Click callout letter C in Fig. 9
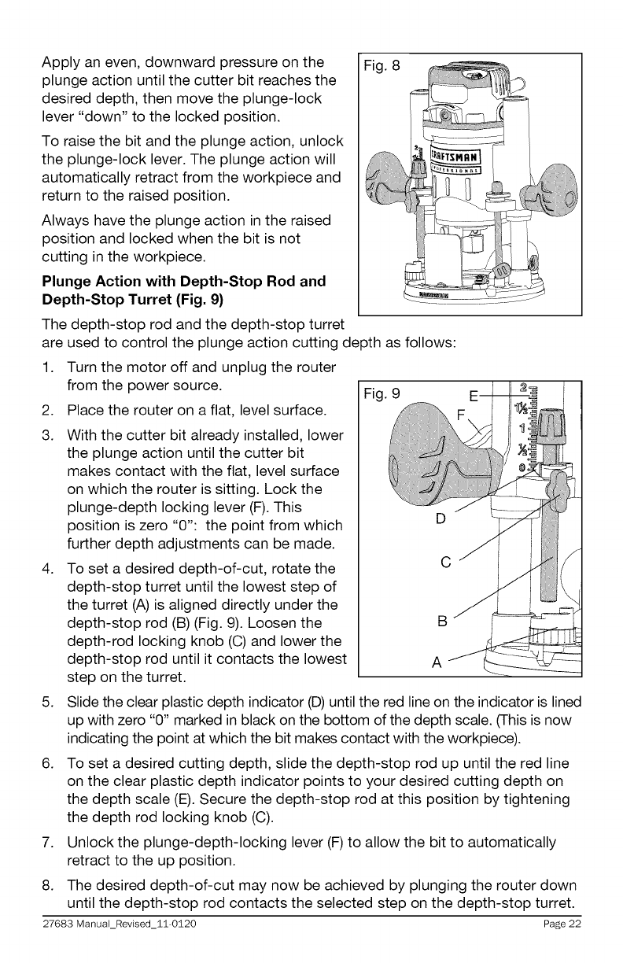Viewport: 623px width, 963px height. point(446,562)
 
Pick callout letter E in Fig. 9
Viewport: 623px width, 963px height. point(473,395)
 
